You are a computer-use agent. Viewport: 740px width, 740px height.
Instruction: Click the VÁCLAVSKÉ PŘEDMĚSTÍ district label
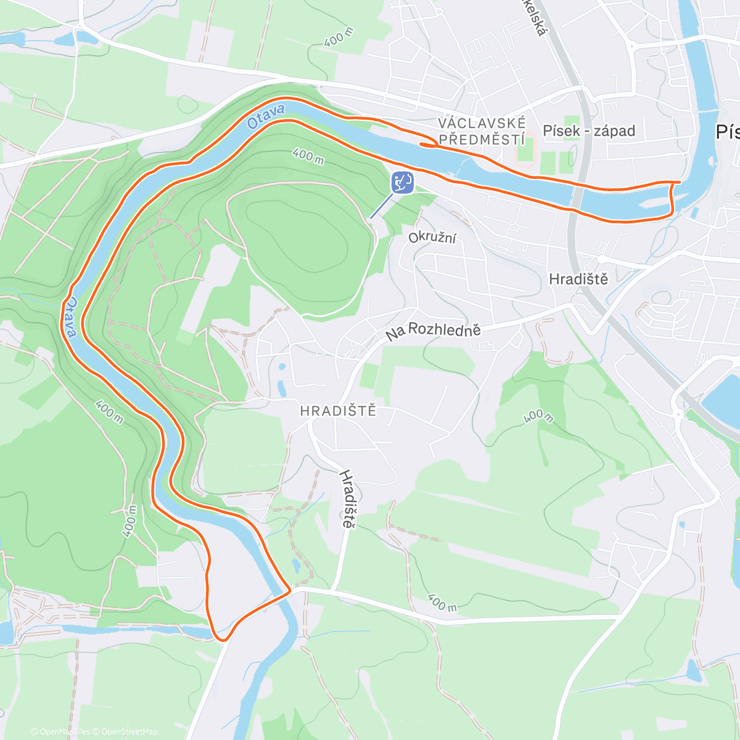click(x=482, y=131)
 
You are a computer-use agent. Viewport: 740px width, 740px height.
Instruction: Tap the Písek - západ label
click(x=589, y=131)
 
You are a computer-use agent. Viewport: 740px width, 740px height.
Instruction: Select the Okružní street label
click(x=432, y=237)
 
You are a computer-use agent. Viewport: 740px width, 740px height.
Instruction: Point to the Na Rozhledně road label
click(x=433, y=331)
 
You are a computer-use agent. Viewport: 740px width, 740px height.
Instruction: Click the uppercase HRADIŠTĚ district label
click(x=338, y=411)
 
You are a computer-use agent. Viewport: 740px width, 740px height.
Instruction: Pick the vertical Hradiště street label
click(x=348, y=498)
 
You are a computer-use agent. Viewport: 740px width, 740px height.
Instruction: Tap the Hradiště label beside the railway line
click(x=578, y=279)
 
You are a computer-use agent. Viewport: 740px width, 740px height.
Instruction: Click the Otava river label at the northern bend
click(x=266, y=117)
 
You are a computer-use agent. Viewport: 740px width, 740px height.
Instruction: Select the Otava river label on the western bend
click(x=70, y=318)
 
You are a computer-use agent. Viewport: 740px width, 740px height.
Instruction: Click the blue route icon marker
click(x=402, y=183)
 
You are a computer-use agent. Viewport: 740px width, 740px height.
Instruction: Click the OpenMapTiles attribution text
click(x=60, y=732)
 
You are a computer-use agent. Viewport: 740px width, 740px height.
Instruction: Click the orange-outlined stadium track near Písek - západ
click(x=526, y=150)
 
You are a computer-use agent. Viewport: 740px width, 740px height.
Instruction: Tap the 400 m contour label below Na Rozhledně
click(x=538, y=417)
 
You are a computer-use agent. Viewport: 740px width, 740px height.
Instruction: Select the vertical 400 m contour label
click(x=129, y=521)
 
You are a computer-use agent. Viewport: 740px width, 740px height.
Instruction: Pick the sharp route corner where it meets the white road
click(x=289, y=590)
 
